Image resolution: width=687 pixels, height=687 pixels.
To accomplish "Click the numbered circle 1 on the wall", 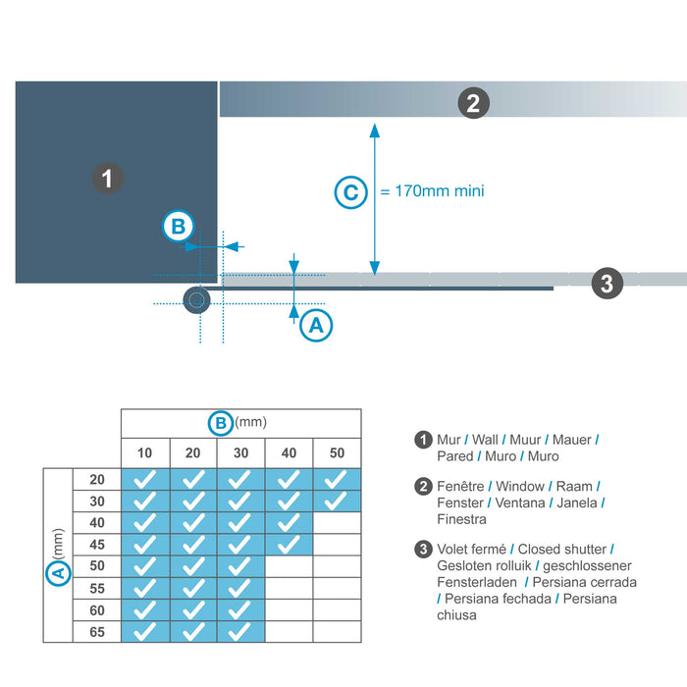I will point(107,179).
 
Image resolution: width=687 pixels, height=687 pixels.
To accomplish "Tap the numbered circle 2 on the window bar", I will point(473,102).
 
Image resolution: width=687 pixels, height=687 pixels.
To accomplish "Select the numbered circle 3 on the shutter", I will point(608,285).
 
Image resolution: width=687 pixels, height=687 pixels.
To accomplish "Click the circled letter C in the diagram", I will point(350,191).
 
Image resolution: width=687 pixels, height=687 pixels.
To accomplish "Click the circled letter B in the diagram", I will point(178,227).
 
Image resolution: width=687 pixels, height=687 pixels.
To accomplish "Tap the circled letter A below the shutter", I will point(315,325).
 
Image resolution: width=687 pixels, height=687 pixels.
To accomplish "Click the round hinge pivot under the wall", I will point(197,299).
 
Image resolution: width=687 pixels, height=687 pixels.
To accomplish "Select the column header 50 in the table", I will point(337,452).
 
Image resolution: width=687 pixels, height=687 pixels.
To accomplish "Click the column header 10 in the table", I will point(144,452).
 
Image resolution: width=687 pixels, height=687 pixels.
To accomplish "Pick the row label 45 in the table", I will point(96,544).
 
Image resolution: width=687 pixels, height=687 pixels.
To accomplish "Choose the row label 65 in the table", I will point(96,632).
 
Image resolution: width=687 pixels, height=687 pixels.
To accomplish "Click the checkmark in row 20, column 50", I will point(337,479).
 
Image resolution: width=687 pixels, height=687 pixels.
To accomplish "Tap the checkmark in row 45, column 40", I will point(289,544).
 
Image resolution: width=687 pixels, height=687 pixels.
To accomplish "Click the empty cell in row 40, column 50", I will point(337,522).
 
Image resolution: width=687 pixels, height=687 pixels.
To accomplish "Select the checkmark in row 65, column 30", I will point(240,632).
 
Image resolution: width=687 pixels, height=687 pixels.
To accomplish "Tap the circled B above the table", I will point(221,423).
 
